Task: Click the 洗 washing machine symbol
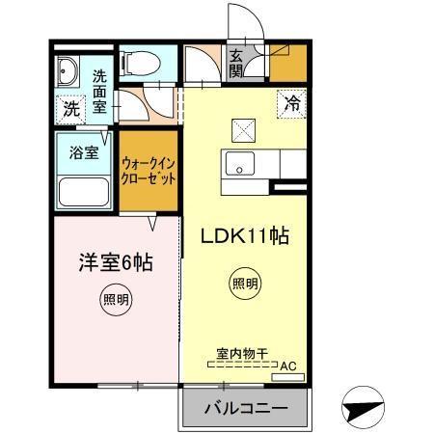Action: (x=70, y=109)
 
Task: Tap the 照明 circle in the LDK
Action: (x=244, y=284)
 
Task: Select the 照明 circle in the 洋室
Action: (x=115, y=300)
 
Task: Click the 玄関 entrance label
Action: (x=237, y=63)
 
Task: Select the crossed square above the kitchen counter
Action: (x=240, y=127)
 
